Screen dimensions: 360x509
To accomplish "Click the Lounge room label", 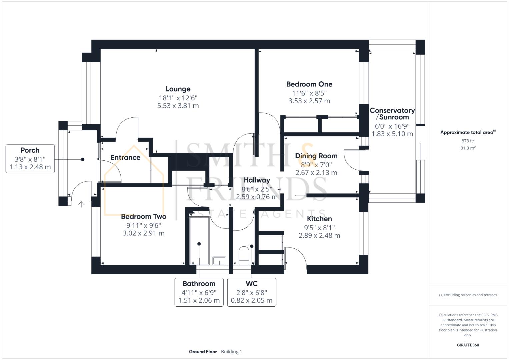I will [178, 89].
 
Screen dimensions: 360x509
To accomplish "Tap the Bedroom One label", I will [309, 84].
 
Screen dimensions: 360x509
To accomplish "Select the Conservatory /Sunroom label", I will [392, 114].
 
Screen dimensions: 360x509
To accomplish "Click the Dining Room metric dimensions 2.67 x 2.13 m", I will [316, 173].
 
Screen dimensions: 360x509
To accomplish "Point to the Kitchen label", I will [319, 219].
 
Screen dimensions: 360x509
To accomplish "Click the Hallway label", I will [257, 180].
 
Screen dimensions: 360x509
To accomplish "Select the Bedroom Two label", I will [143, 217].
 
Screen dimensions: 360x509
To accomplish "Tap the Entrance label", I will [125, 158].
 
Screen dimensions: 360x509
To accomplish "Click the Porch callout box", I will [30, 159].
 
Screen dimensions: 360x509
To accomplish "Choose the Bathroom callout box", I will [199, 292].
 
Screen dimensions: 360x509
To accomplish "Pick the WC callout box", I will [252, 292].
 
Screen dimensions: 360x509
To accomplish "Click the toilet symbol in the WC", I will [244, 255].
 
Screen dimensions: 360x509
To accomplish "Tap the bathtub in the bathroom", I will [199, 240].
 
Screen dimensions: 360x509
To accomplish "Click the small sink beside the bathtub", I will [219, 260].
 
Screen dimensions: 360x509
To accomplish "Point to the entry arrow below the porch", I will [81, 204].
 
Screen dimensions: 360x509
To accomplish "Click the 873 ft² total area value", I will [468, 141].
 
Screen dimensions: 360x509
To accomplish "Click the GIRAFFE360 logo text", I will [468, 345].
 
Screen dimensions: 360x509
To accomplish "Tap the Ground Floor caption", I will [203, 352].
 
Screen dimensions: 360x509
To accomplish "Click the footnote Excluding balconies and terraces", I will [468, 295].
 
